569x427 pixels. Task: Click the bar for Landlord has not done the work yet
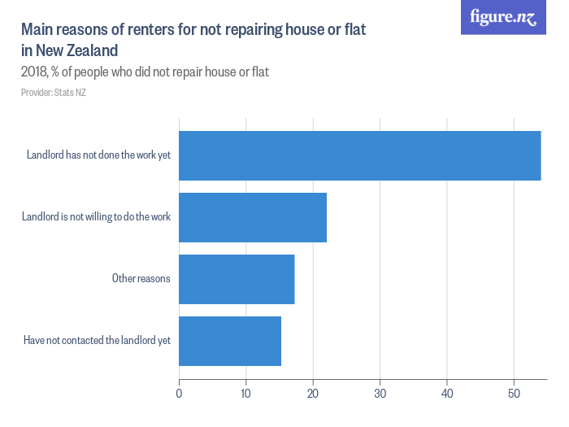click(x=359, y=155)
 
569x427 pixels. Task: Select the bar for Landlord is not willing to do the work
click(x=253, y=217)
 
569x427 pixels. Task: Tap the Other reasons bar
click(x=237, y=279)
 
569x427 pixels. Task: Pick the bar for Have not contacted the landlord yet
click(x=230, y=341)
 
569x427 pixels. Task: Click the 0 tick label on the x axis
click(x=179, y=394)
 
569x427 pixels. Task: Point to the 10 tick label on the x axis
click(x=245, y=394)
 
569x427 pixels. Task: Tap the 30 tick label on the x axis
click(x=380, y=394)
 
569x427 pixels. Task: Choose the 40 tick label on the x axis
click(x=446, y=394)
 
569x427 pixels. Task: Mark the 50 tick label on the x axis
click(x=514, y=394)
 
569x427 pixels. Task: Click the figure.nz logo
click(x=503, y=17)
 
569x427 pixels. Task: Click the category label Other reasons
click(x=141, y=279)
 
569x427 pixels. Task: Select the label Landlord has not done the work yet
click(x=98, y=155)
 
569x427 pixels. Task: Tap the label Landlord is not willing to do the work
click(x=96, y=217)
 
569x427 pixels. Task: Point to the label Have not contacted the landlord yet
click(x=97, y=341)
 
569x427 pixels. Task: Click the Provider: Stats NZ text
click(x=54, y=93)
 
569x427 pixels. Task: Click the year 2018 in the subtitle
click(x=35, y=72)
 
